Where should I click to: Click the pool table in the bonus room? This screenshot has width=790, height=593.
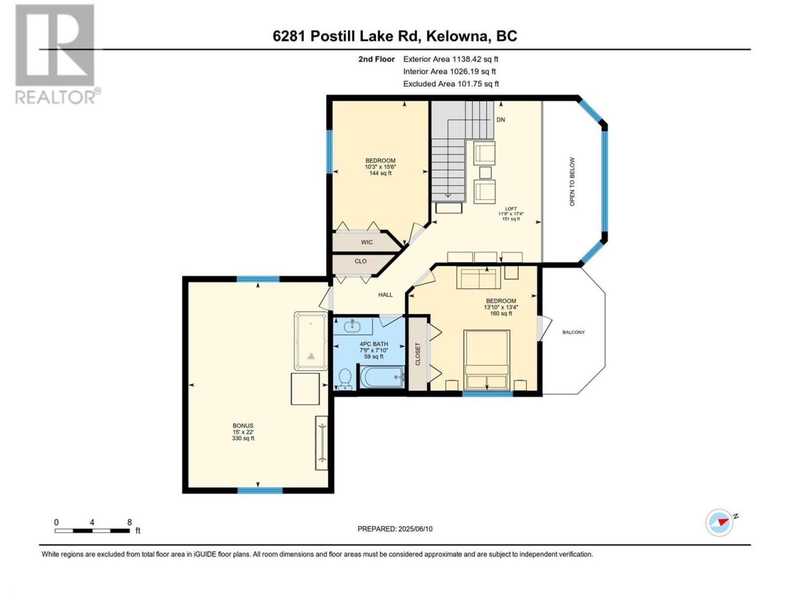311,341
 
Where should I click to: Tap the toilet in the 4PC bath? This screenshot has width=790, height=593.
346,379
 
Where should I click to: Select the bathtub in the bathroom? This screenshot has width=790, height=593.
381,377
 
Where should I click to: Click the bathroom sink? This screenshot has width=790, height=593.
352,327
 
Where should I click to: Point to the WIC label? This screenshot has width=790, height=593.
367,242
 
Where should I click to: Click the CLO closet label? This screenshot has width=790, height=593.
360,261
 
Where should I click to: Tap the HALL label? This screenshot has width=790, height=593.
385,295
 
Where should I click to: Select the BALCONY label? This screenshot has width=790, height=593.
573,332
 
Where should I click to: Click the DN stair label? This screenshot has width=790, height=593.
501,120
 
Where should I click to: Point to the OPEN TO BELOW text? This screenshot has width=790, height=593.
572,182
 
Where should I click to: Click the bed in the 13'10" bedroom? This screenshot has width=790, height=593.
486,360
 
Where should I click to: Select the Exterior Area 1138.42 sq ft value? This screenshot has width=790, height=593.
451,59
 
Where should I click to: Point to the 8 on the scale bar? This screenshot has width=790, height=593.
130,522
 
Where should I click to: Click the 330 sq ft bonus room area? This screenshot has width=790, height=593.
243,438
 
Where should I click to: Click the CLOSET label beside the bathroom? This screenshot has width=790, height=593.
418,354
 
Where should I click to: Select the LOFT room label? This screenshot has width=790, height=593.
510,209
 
